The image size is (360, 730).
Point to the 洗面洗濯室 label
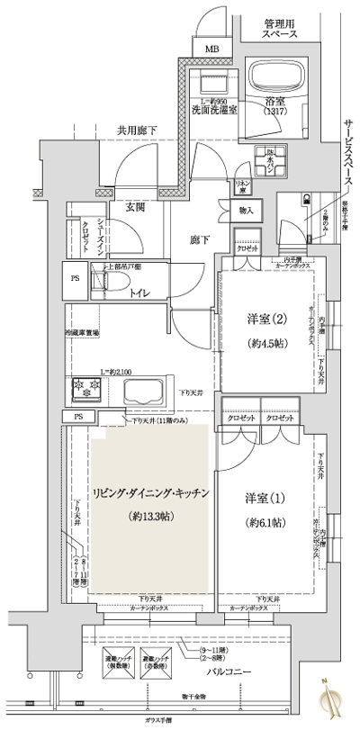(214, 110)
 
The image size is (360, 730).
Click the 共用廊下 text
(136, 131)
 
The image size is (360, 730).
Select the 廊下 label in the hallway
(200, 240)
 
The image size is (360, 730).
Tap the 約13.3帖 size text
(151, 517)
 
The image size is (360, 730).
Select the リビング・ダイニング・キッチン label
(151, 493)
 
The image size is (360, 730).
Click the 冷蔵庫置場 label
(82, 332)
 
